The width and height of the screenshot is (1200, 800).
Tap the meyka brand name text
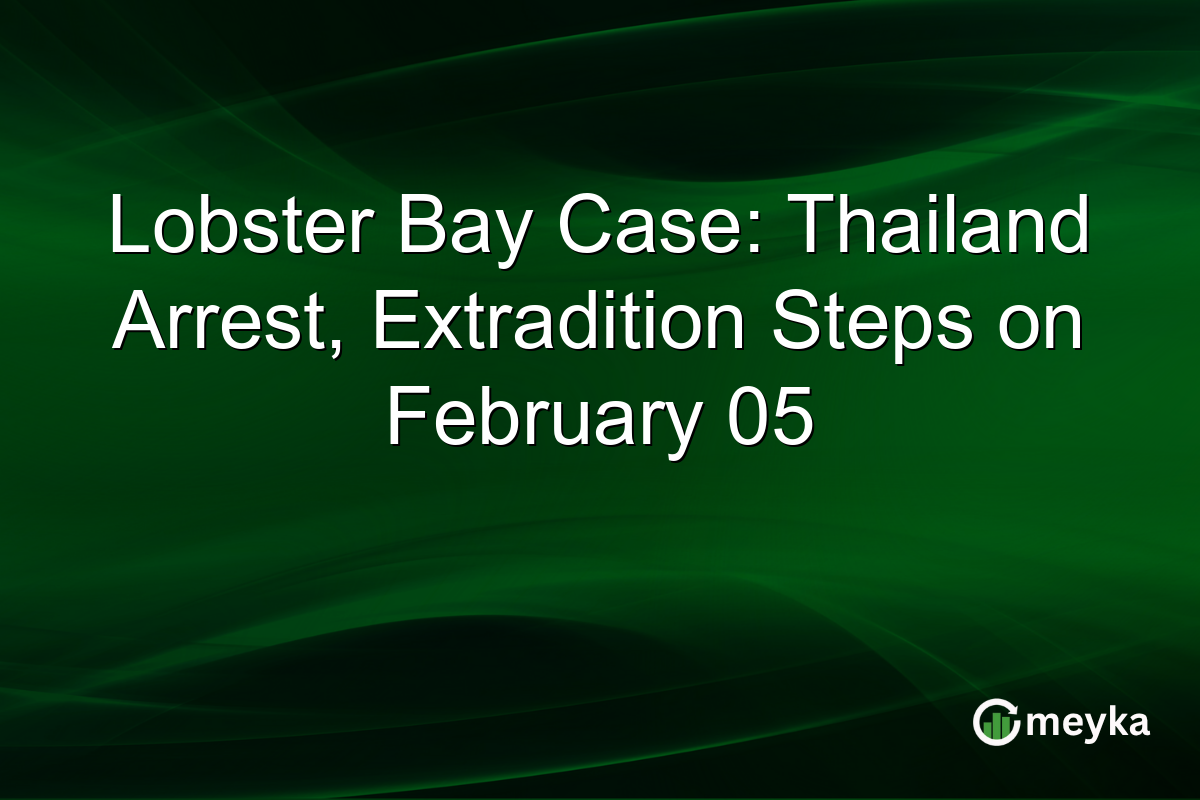[x=1087, y=723]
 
